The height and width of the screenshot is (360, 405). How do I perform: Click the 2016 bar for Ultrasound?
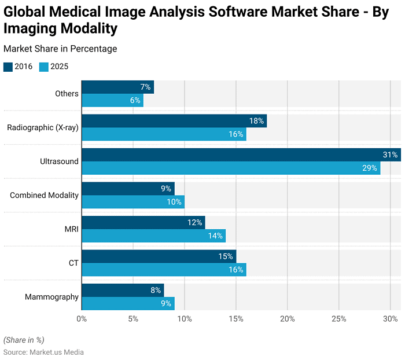pos(240,155)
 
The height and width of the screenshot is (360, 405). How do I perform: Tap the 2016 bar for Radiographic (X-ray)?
pos(174,121)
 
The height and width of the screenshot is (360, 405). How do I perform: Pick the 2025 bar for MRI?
pos(153,236)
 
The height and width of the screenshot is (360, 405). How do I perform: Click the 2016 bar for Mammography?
pos(122,290)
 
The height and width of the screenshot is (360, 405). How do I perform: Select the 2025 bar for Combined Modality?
pos(132,202)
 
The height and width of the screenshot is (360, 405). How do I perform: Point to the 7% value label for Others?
pos(145,87)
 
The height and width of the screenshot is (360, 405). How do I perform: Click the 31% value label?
pos(390,155)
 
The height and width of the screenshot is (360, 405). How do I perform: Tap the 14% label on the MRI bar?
pos(215,236)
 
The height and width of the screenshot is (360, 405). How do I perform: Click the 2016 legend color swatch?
pos(8,67)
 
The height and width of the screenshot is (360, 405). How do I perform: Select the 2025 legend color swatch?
pos(43,67)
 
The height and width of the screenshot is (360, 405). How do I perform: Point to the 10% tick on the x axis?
pos(185,318)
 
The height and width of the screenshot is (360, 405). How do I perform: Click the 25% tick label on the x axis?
pos(338,318)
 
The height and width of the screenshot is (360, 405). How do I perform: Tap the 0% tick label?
pos(82,318)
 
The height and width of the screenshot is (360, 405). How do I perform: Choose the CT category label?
pos(73,263)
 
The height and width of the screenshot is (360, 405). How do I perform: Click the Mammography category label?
pos(51,297)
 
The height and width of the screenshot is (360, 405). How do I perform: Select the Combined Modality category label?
pos(44,195)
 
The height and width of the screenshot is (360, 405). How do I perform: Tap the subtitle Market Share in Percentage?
pos(60,49)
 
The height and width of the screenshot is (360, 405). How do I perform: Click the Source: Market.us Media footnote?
pos(43,352)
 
